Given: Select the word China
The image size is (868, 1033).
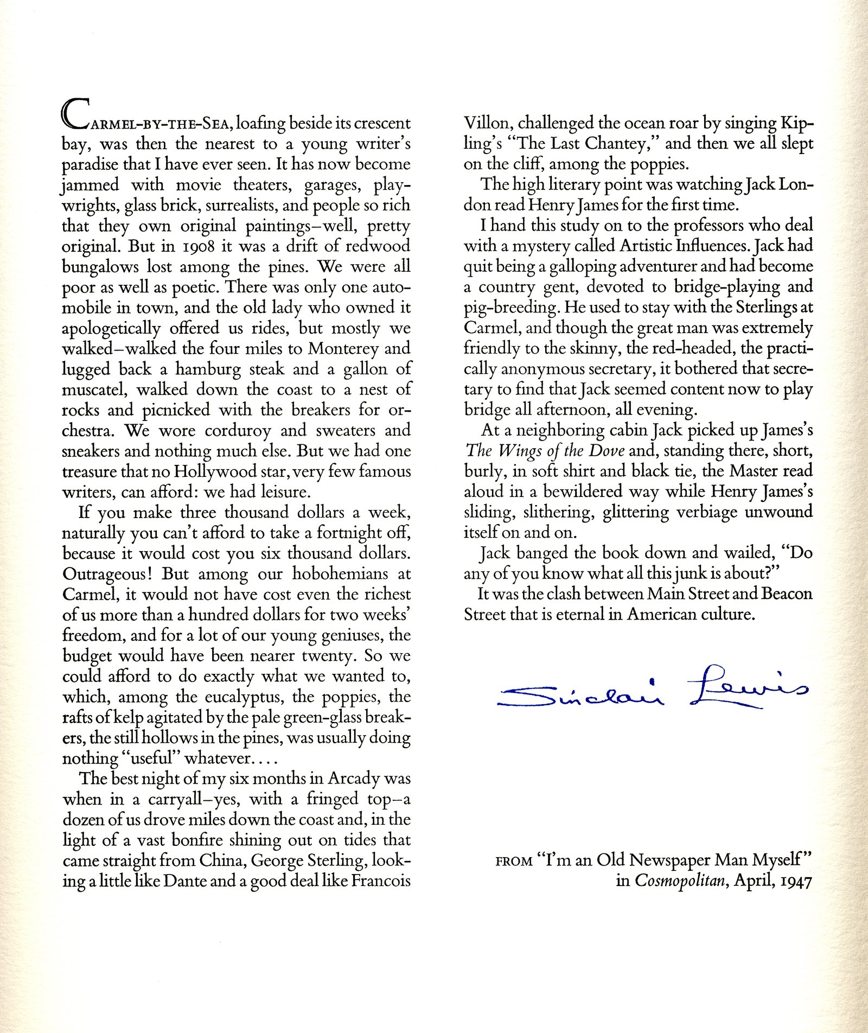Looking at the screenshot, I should click(x=222, y=861).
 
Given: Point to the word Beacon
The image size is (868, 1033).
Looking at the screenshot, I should click(x=787, y=594).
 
